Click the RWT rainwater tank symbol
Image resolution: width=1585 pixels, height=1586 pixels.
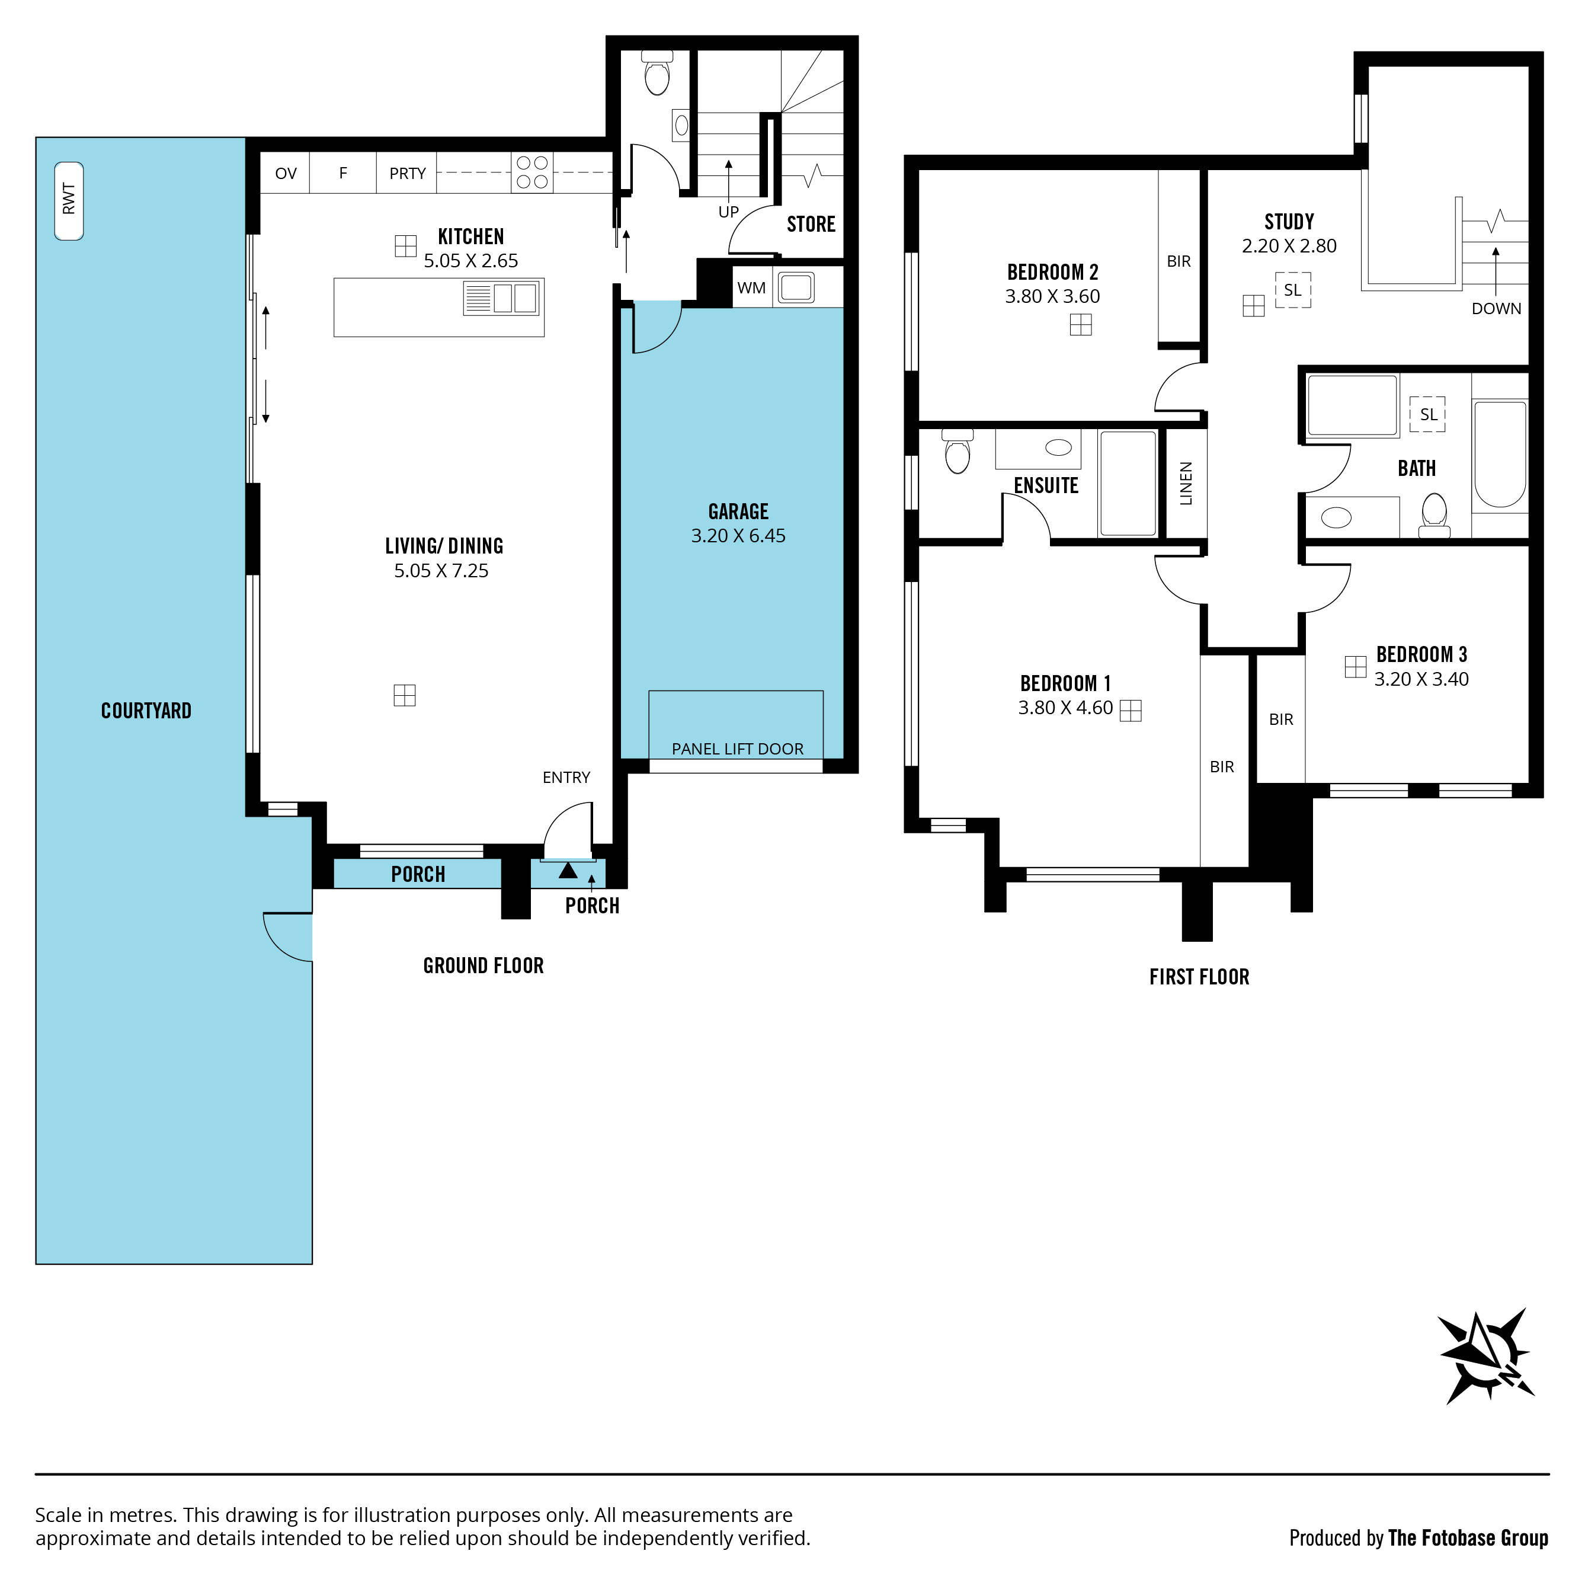69,201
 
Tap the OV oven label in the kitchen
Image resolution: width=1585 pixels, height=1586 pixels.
286,173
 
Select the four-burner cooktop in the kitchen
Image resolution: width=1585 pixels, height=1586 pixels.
532,172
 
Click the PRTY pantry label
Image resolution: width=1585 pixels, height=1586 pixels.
407,173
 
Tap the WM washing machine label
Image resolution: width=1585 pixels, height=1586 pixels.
751,288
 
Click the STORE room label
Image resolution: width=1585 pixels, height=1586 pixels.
811,224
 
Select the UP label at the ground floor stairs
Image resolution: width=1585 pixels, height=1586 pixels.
729,212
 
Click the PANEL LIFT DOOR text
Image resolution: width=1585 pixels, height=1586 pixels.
737,749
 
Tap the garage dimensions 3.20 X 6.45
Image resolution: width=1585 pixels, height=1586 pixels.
738,536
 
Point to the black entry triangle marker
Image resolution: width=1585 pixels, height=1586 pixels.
568,869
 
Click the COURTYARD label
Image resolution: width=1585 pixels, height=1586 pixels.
146,711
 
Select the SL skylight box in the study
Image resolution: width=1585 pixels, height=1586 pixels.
1293,290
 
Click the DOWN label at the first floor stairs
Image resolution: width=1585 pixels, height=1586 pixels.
1496,309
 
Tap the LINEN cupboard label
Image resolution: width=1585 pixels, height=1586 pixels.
1185,484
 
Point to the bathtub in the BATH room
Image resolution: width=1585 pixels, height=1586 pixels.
1500,454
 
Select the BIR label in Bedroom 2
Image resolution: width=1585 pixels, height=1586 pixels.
1179,261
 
